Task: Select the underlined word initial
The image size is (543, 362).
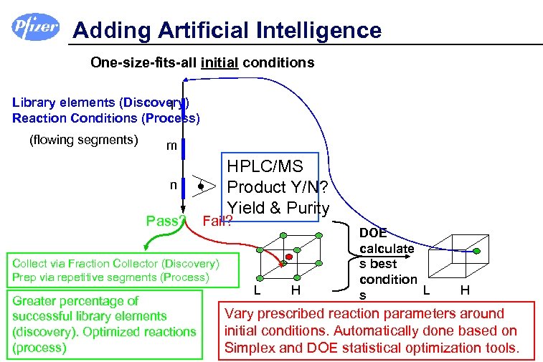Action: tap(219, 62)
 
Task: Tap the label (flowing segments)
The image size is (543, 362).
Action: tap(83, 139)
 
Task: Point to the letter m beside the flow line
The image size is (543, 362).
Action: tap(171, 146)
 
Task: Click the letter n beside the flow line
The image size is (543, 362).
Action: tap(173, 184)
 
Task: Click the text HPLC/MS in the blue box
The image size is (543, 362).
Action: tap(265, 167)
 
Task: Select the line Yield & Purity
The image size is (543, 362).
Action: tap(278, 208)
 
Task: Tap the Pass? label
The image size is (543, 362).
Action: tap(166, 220)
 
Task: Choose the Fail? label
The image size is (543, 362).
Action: tap(217, 219)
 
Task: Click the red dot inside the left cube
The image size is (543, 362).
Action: tap(289, 256)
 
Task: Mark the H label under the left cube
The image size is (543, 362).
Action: tap(295, 290)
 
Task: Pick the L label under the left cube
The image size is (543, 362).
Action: tap(257, 290)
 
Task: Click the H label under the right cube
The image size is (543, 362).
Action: tap(465, 290)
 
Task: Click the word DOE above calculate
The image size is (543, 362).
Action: tap(373, 233)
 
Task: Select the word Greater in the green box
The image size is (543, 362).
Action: tap(38, 301)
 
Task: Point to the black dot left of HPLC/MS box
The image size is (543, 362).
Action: tap(202, 186)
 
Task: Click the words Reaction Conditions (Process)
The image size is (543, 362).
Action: tap(106, 118)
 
